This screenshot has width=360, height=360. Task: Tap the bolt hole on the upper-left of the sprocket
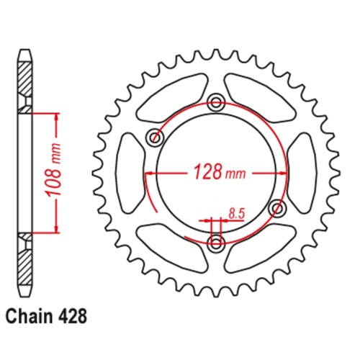[153, 137]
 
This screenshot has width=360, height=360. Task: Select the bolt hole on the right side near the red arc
[275, 207]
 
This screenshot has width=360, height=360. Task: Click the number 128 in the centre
[204, 173]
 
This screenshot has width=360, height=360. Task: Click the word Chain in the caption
[30, 315]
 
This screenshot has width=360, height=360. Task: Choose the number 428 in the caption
[76, 315]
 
